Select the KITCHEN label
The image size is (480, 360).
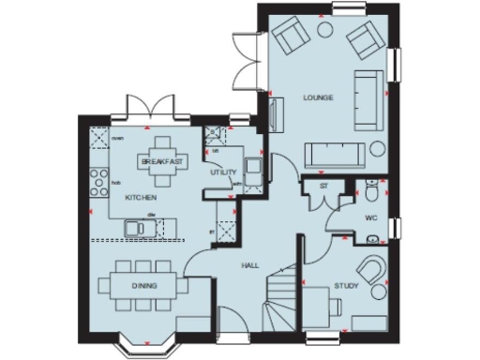point(140,198)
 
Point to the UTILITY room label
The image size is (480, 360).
point(223,172)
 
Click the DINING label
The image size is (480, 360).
point(144,285)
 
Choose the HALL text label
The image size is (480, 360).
point(250,266)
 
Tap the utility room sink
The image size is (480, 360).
point(252,168)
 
